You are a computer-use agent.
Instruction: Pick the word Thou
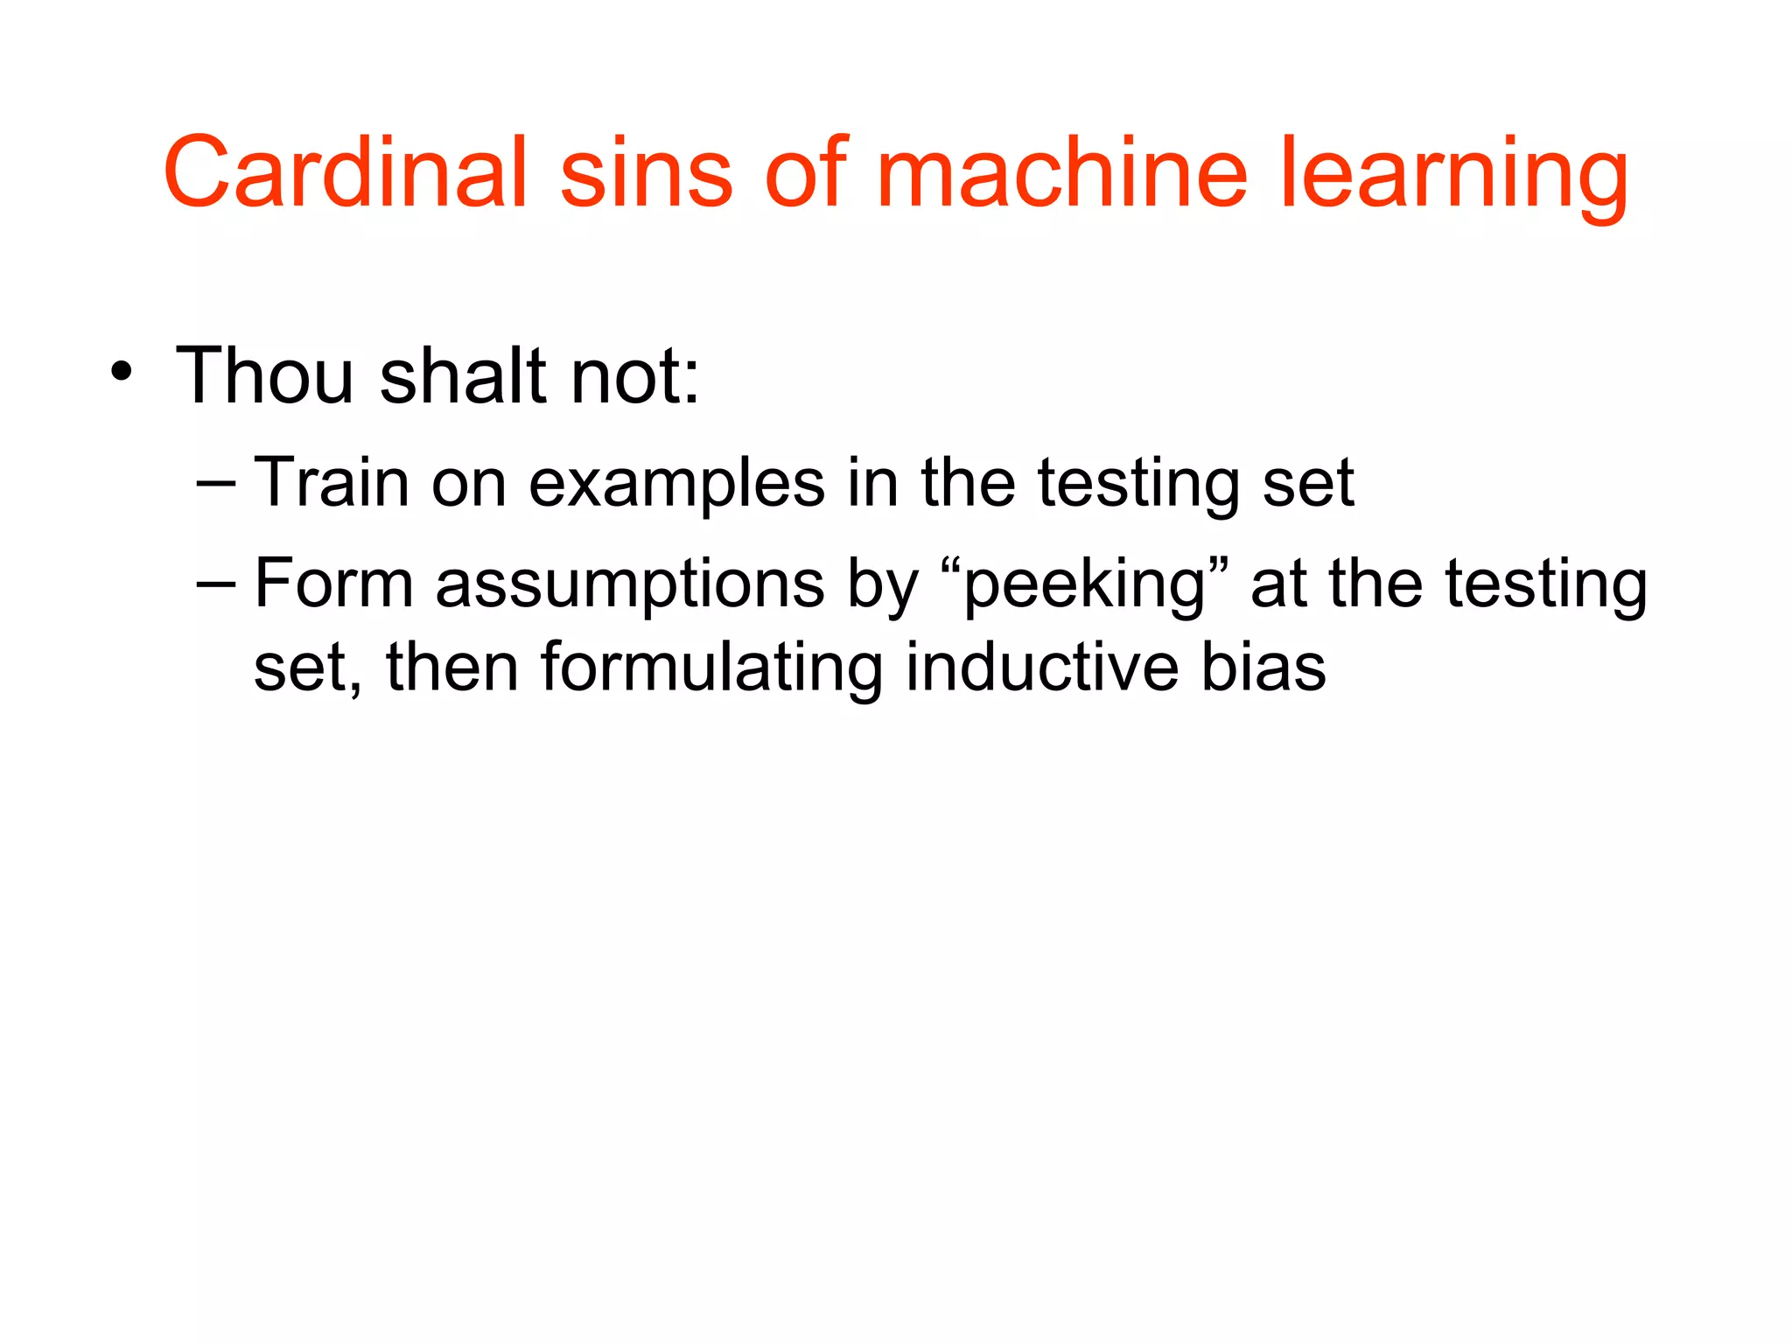[264, 375]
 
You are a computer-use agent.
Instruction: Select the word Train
[332, 482]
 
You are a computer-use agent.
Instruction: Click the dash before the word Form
[216, 583]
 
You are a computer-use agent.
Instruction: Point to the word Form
[333, 584]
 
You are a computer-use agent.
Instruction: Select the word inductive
[1040, 668]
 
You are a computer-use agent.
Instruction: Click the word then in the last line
[452, 668]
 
